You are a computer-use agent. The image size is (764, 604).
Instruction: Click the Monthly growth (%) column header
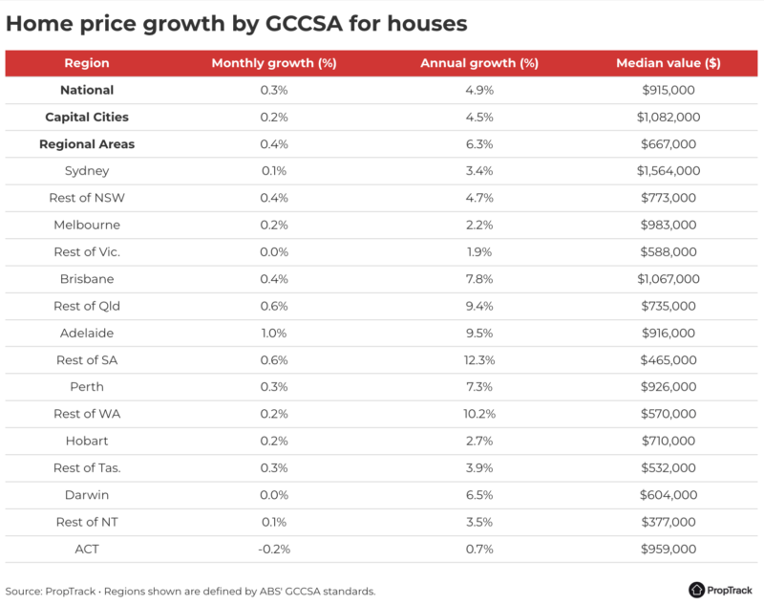[x=274, y=63]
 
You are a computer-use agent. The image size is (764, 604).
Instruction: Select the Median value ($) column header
[x=668, y=63]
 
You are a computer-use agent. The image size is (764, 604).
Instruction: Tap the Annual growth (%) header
[x=479, y=63]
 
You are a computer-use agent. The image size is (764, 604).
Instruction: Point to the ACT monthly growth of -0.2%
[x=274, y=550]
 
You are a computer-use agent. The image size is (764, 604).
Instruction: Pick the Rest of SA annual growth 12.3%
[x=479, y=360]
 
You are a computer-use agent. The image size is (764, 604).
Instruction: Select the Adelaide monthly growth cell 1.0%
[x=274, y=334]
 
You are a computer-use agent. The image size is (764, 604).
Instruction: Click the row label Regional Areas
[x=87, y=144]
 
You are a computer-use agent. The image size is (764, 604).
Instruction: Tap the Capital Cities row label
[x=87, y=118]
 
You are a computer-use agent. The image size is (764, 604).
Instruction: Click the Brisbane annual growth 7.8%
[x=479, y=279]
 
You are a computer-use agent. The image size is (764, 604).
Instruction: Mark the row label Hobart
[x=87, y=442]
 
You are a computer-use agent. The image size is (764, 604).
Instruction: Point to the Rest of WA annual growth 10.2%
[x=479, y=414]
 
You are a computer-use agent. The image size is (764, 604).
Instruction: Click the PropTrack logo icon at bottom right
[x=696, y=590]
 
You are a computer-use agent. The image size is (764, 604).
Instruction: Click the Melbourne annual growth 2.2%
[x=479, y=226]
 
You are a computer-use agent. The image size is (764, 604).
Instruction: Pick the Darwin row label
[x=87, y=495]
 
